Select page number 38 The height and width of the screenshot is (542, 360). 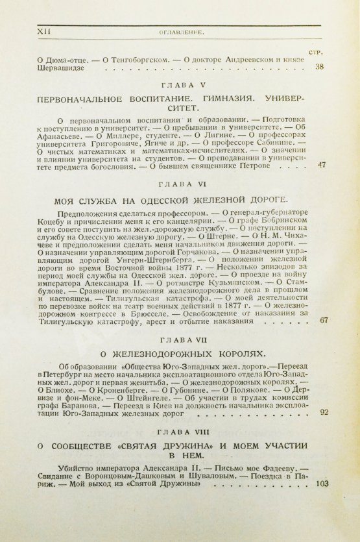318,66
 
